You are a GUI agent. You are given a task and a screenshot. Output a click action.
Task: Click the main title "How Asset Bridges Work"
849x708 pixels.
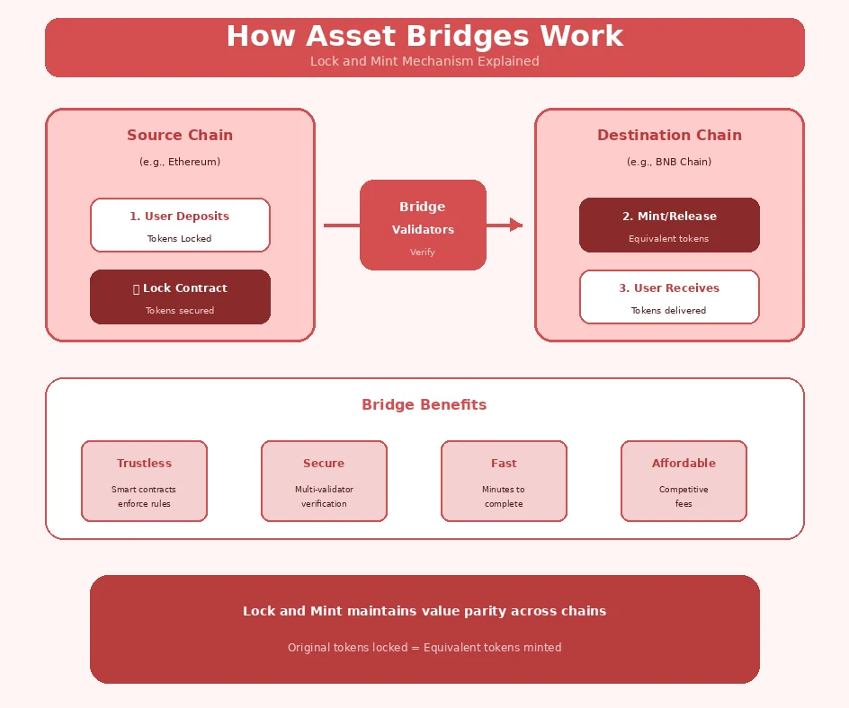point(424,37)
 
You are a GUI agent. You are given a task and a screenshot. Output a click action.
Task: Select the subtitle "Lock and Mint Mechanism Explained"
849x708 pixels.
point(424,62)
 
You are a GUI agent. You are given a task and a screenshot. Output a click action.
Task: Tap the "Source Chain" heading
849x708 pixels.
point(180,136)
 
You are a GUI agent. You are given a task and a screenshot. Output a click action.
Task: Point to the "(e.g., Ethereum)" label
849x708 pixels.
point(180,163)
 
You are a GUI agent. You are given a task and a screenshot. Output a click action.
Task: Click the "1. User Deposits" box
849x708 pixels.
point(180,225)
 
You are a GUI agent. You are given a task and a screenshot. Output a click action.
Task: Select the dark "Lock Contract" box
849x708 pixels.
point(180,296)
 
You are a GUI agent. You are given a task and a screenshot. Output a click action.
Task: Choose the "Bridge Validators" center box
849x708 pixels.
point(423,225)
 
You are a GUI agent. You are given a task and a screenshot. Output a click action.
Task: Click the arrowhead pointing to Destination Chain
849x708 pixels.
point(515,225)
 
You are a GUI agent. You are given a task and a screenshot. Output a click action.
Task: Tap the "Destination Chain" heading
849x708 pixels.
point(669,136)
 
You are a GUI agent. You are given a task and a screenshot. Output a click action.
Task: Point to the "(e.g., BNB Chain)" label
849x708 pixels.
point(669,163)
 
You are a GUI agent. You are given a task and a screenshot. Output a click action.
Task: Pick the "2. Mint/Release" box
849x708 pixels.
point(669,225)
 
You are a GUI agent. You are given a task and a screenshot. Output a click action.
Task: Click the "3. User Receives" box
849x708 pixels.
point(669,296)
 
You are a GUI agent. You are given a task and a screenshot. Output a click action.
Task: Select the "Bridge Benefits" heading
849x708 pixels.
point(424,405)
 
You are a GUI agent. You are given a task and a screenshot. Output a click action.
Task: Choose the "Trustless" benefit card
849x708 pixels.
point(144,481)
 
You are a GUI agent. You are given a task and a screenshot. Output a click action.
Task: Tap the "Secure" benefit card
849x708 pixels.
point(324,481)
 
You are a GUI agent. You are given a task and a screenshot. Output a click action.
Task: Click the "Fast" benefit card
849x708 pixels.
point(504,481)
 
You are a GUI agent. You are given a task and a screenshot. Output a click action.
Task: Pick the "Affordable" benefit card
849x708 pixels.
point(684,481)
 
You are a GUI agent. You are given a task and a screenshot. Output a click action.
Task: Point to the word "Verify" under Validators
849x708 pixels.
point(423,252)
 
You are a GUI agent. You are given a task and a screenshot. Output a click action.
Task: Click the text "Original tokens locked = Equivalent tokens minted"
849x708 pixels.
point(424,648)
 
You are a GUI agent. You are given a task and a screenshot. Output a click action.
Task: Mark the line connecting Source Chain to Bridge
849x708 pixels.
point(342,226)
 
